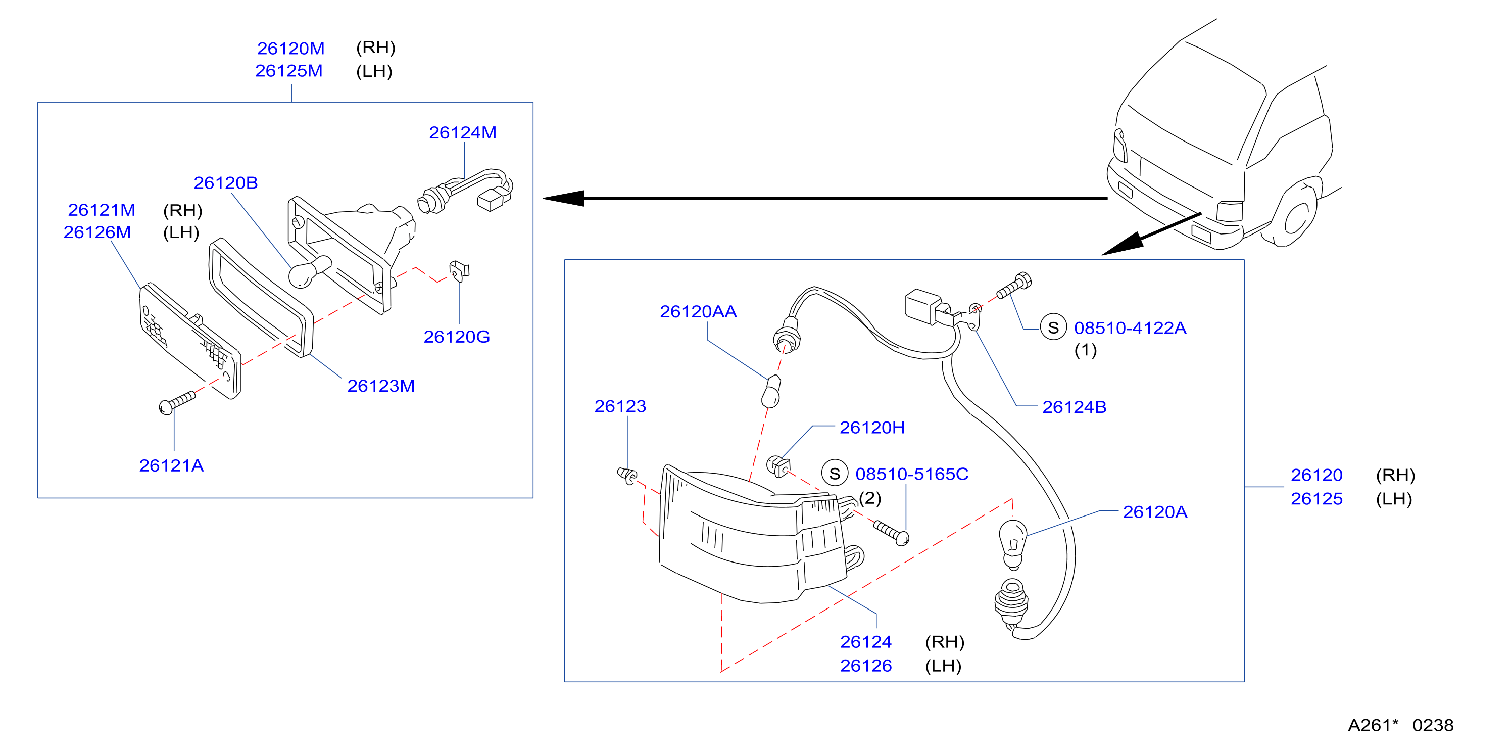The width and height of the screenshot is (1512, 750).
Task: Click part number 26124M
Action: [x=463, y=133]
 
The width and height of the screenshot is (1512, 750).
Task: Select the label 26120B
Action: [x=225, y=182]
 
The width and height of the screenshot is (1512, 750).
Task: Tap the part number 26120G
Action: [x=457, y=337]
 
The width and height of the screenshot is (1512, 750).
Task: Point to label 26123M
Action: [x=381, y=386]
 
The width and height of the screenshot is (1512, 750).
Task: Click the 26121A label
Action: [x=171, y=466]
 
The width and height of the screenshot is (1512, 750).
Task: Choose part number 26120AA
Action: [x=698, y=311]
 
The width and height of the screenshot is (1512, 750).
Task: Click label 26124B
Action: [x=1074, y=407]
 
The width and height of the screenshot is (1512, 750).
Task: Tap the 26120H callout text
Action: [x=872, y=428]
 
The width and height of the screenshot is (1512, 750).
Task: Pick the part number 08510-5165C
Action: [x=911, y=474]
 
